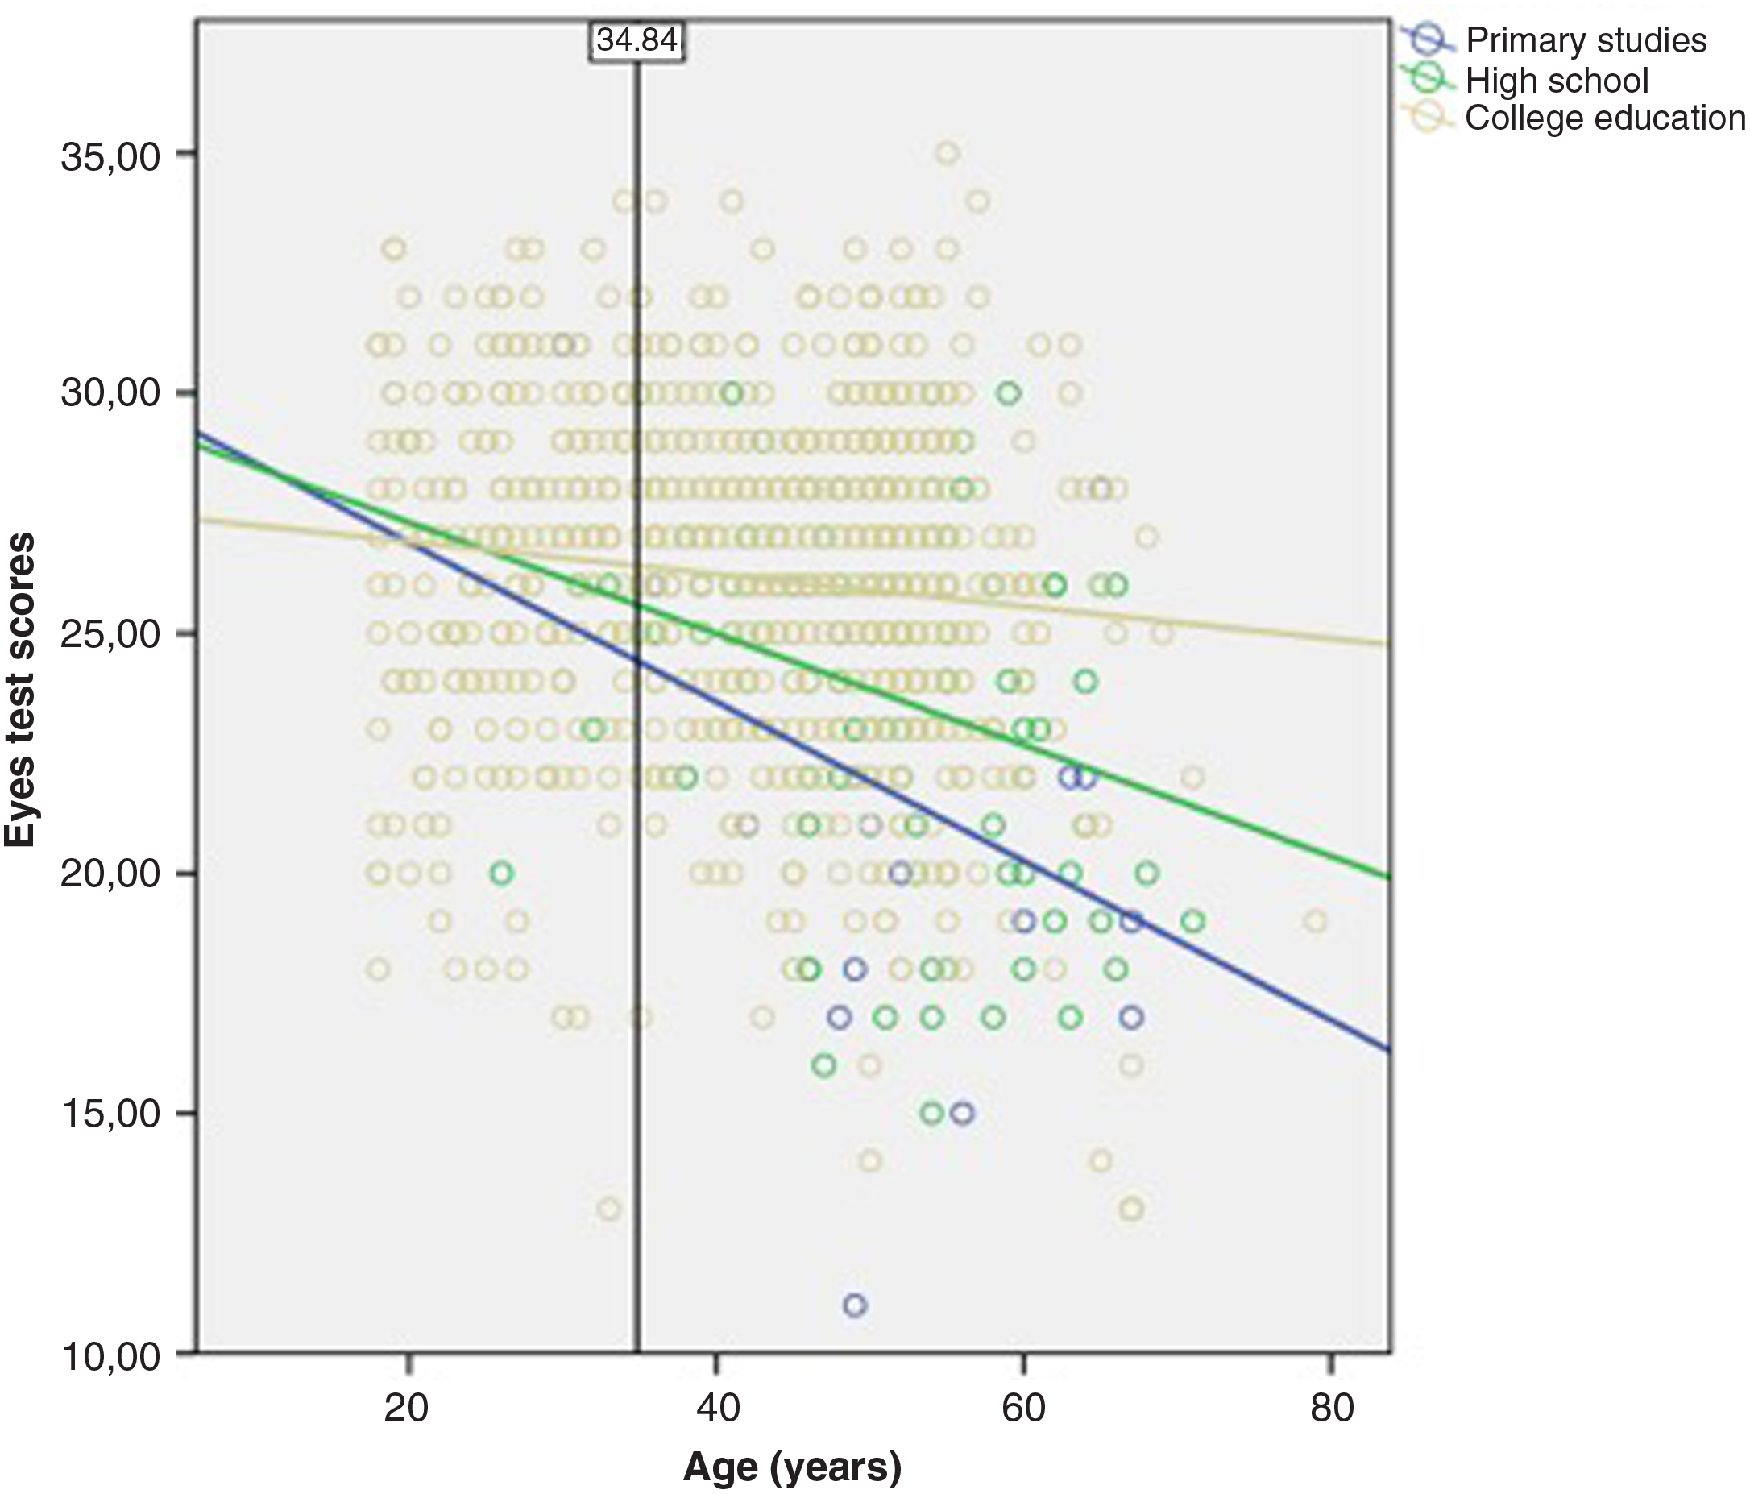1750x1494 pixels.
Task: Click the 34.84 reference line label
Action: click(x=636, y=39)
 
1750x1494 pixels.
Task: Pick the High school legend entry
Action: click(x=1557, y=81)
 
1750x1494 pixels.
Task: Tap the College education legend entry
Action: click(x=1605, y=118)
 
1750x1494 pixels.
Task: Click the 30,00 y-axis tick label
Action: click(x=110, y=394)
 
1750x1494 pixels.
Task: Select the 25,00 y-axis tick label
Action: click(x=110, y=634)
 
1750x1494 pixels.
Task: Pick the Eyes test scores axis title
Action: click(x=20, y=689)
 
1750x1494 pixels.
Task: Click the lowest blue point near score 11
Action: click(x=855, y=1305)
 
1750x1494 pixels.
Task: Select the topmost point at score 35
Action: click(x=948, y=153)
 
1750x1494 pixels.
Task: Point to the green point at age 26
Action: click(x=502, y=873)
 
